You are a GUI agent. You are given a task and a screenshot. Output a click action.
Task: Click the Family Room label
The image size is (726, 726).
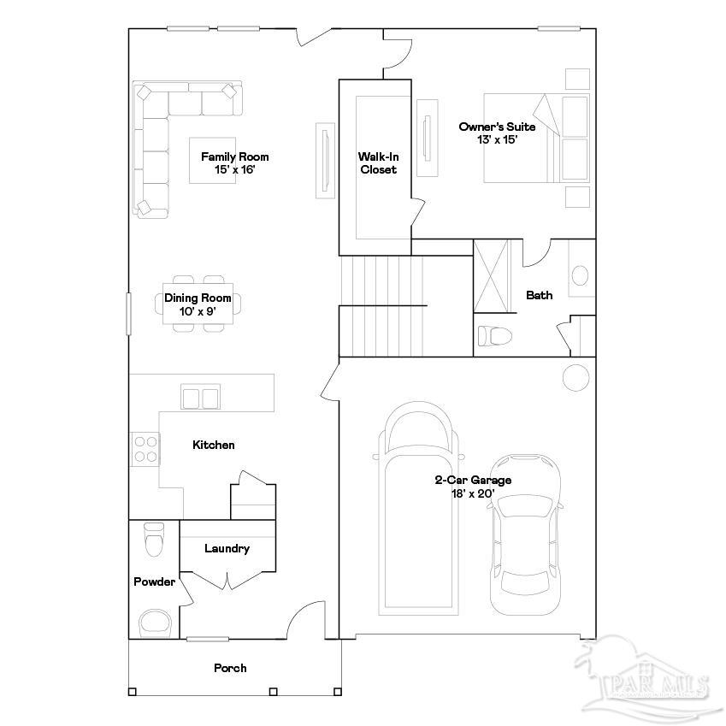[x=234, y=162]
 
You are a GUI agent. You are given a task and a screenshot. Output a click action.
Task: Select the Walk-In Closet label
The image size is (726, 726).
[x=378, y=162]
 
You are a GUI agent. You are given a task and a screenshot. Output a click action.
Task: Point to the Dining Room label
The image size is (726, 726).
[x=198, y=304]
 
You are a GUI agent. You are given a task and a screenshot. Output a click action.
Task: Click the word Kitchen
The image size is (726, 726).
[x=213, y=445]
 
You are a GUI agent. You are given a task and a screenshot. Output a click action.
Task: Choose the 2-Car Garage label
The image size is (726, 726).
[x=473, y=487]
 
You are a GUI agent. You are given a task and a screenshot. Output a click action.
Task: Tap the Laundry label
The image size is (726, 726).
[x=227, y=548]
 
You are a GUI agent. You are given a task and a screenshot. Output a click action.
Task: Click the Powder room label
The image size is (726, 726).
[x=154, y=581]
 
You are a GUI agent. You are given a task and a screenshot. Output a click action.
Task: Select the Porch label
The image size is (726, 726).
[x=230, y=668]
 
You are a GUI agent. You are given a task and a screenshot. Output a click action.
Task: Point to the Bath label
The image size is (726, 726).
[x=539, y=295]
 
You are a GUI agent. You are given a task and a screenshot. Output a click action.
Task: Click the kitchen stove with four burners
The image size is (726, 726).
[x=145, y=449]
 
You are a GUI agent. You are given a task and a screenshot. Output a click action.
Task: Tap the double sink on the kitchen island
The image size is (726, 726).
[x=200, y=398]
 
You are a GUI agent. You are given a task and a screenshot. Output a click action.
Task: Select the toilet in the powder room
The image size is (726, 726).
[x=154, y=539]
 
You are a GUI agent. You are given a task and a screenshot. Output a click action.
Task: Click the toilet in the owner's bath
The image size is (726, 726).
[x=493, y=334]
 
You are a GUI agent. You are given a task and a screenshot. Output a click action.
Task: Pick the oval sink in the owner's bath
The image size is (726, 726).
[x=580, y=276]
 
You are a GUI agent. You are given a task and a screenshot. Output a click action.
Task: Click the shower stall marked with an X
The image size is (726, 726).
[x=491, y=276]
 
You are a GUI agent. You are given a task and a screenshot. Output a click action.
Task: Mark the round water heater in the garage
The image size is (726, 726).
[x=575, y=376]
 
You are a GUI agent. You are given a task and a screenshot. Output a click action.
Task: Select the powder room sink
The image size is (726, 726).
[x=155, y=622]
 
